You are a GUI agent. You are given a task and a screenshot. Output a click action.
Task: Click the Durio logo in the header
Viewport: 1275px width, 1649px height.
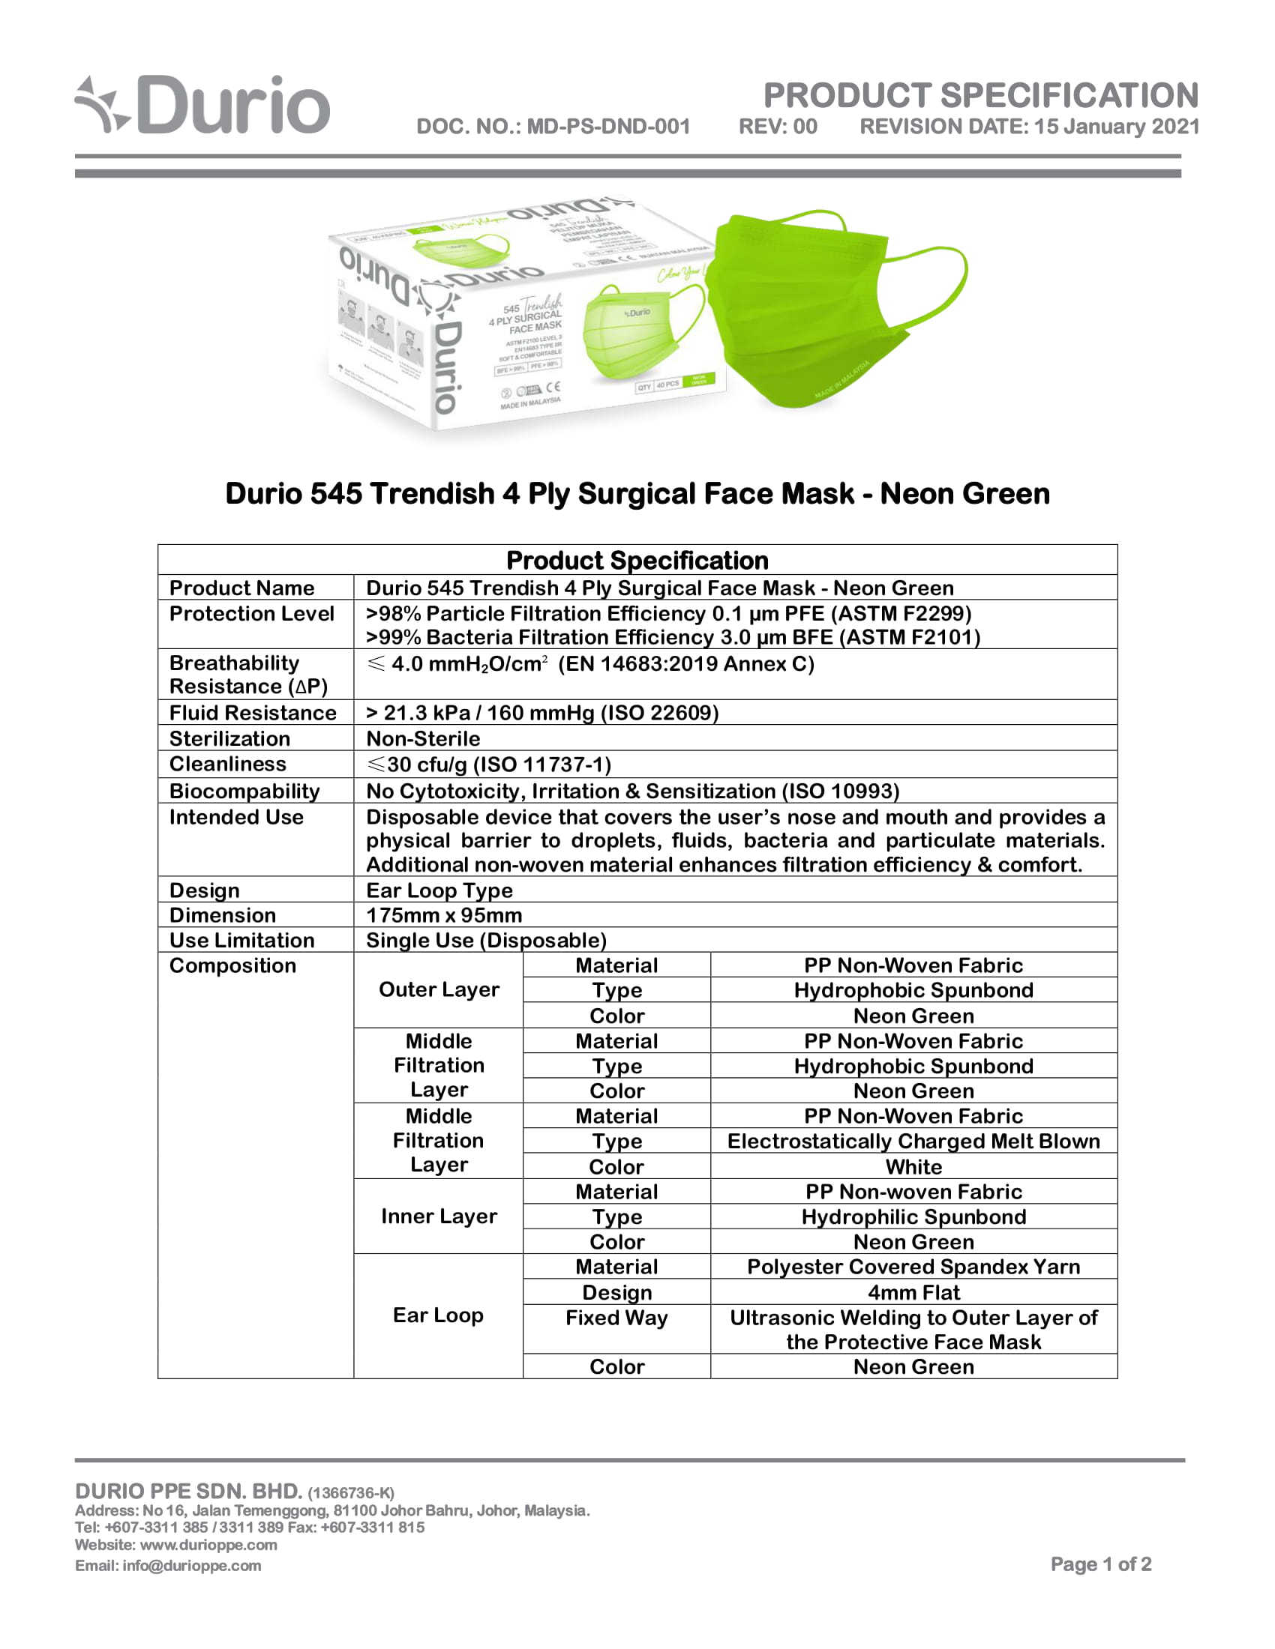pyautogui.click(x=202, y=106)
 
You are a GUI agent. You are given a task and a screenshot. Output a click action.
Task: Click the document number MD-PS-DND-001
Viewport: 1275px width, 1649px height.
pyautogui.click(x=553, y=126)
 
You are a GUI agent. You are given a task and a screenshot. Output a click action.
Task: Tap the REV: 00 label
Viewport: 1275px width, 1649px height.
pyautogui.click(x=777, y=126)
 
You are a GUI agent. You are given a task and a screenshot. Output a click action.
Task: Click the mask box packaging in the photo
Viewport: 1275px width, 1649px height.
pyautogui.click(x=521, y=317)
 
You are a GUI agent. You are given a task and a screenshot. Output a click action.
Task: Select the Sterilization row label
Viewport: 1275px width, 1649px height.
pyautogui.click(x=229, y=738)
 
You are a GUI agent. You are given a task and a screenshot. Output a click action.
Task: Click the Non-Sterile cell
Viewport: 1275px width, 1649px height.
pyautogui.click(x=423, y=738)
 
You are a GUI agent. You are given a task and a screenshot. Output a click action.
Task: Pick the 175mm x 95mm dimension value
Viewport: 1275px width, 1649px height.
pyautogui.click(x=444, y=915)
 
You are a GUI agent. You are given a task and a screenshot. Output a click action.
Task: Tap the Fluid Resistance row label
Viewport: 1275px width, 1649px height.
pyautogui.click(x=252, y=713)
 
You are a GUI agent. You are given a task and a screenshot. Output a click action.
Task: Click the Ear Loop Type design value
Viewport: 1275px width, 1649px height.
pyautogui.click(x=439, y=890)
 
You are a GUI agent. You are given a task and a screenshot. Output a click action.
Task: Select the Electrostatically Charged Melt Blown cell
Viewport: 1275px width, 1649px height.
pyautogui.click(x=913, y=1141)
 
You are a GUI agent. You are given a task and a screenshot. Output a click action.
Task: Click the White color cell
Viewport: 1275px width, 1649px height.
pyautogui.click(x=913, y=1166)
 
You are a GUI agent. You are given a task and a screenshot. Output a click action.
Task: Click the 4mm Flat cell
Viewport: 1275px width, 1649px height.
pyautogui.click(x=913, y=1293)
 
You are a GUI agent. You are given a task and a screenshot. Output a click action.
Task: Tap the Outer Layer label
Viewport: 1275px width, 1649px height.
pyautogui.click(x=439, y=990)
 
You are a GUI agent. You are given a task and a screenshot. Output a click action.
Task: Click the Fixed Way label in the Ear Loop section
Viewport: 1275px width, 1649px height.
pyautogui.click(x=616, y=1318)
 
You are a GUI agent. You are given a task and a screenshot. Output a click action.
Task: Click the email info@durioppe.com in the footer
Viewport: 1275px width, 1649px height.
pyautogui.click(x=168, y=1566)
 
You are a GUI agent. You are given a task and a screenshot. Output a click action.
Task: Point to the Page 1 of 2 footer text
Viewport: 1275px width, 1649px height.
pyautogui.click(x=1100, y=1564)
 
